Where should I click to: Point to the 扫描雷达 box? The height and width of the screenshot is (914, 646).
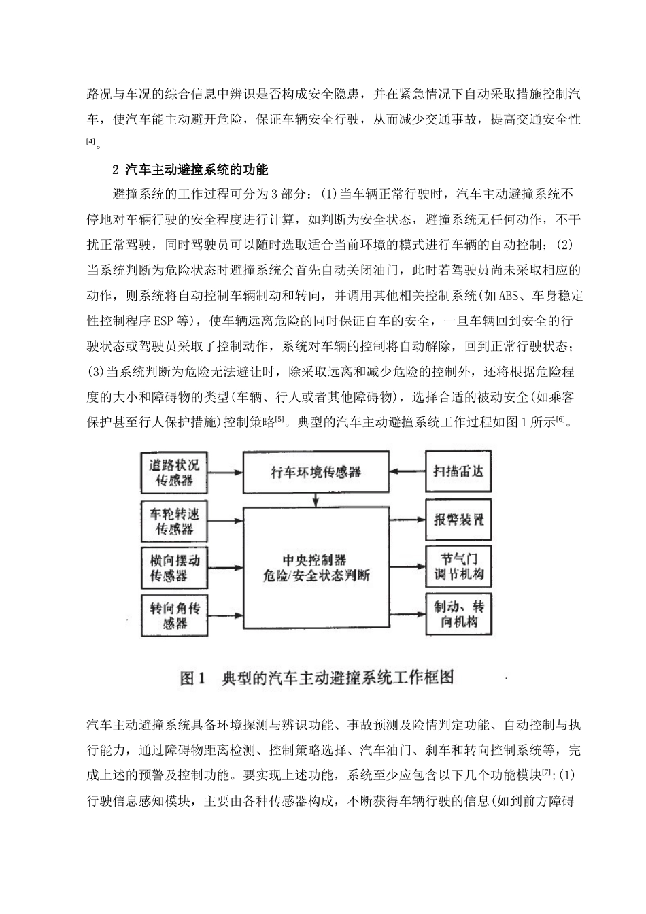(459, 471)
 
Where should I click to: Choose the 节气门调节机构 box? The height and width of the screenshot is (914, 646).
(459, 566)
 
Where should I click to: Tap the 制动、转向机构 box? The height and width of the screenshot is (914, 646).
(459, 614)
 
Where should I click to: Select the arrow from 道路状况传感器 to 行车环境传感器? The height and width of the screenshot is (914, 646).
(224, 471)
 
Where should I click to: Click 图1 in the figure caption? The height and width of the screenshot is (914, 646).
(192, 678)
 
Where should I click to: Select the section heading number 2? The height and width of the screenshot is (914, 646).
(116, 169)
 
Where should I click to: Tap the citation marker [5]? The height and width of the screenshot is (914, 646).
(279, 420)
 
